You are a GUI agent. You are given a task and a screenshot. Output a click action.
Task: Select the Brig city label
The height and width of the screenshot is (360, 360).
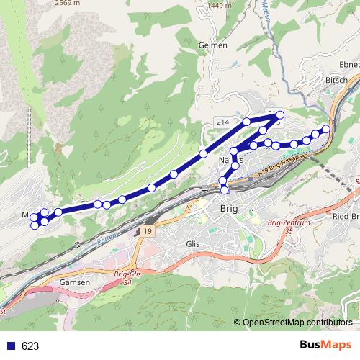coord(228,209)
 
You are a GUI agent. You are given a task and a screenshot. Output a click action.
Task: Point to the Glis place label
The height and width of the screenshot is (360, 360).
coord(192,244)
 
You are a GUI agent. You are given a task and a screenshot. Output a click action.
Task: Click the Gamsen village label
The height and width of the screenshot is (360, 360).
coord(76,282)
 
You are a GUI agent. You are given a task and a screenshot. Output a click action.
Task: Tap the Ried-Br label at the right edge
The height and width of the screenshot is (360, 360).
coord(345,216)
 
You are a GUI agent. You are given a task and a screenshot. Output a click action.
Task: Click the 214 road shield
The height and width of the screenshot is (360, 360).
coord(222,123)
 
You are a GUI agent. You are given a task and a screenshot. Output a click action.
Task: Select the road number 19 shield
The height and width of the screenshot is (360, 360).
coord(146,231)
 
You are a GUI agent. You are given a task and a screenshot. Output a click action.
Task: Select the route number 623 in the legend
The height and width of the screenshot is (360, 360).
coord(30,346)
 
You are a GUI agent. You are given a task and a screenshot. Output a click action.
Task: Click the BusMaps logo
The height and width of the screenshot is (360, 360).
coord(328,345)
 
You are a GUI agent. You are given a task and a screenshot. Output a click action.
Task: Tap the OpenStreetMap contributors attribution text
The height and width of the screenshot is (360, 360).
coord(297,322)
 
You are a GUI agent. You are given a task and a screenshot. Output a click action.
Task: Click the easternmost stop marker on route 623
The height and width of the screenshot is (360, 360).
coord(325,129)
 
